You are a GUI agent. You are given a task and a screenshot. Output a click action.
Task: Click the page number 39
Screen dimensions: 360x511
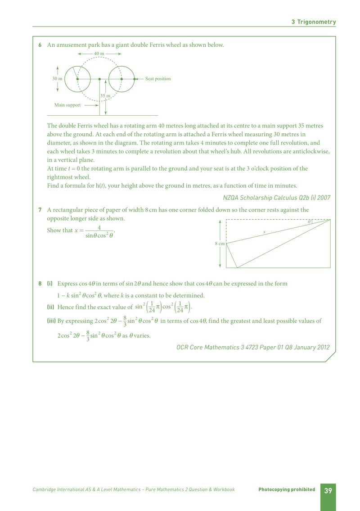coord(328,490)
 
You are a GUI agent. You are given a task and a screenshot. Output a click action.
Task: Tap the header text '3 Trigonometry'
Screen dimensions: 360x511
coord(313,22)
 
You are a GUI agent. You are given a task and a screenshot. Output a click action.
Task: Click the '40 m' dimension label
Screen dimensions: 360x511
coord(99,54)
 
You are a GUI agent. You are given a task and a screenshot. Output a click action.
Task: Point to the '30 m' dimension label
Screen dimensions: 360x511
coord(57,79)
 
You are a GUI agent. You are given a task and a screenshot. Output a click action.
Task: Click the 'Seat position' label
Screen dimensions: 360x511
coord(158,78)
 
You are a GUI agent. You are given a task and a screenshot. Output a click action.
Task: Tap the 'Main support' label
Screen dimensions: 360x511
coord(67,105)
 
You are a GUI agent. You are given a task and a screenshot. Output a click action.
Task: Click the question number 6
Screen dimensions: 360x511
coord(40,45)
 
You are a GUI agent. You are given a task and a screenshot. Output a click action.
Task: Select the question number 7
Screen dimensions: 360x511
coord(40,210)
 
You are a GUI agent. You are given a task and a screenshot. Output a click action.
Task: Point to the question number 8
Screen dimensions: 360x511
coord(40,284)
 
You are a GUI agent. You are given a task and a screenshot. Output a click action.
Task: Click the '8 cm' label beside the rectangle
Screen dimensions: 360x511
coord(220,244)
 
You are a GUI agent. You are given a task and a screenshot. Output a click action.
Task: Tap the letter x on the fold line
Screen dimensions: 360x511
coord(264,232)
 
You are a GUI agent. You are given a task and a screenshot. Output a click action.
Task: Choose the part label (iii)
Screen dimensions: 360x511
coord(51,321)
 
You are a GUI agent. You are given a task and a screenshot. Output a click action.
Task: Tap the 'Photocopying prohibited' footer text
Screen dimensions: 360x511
coord(287,489)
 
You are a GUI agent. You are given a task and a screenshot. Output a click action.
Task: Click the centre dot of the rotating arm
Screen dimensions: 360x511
coord(99,79)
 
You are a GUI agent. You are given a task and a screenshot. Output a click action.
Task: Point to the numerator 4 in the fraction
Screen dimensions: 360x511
coord(99,227)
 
